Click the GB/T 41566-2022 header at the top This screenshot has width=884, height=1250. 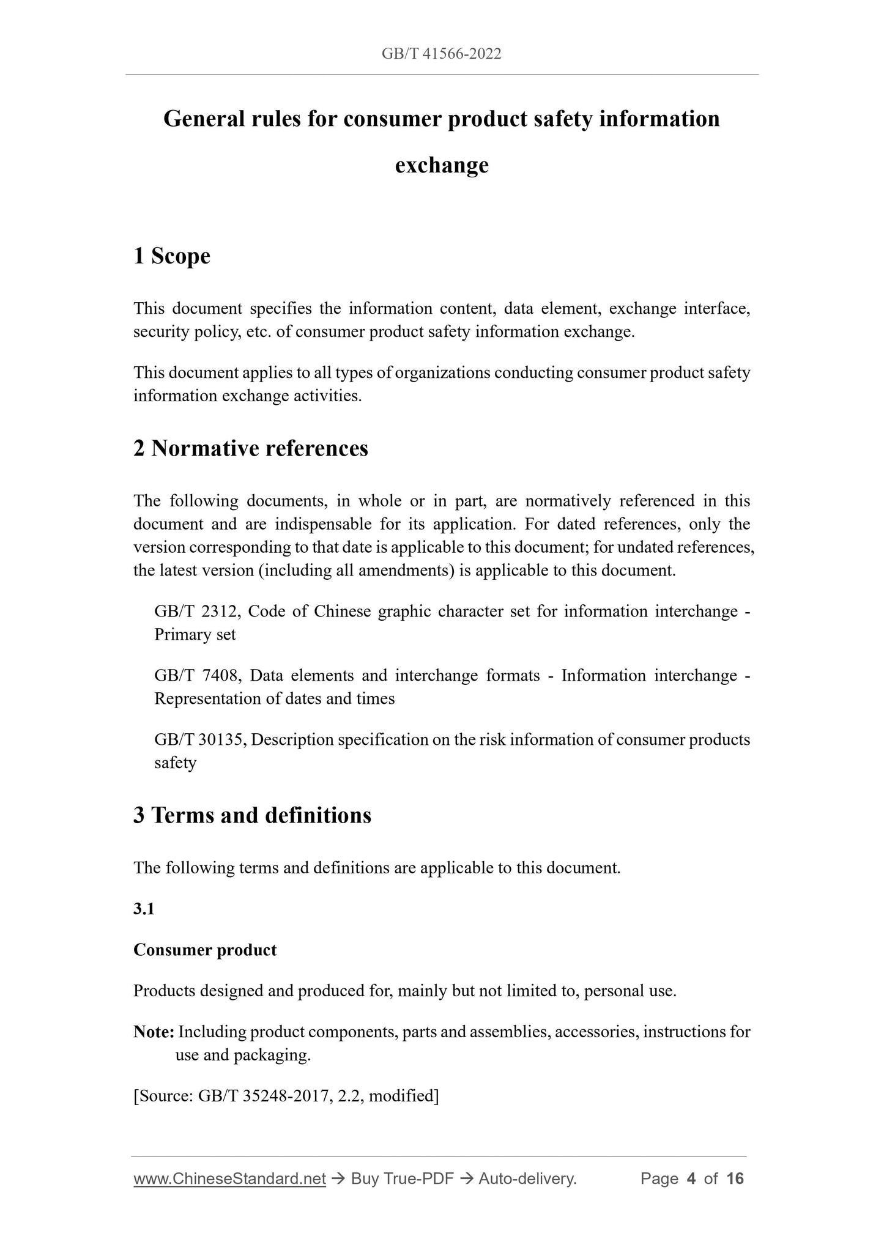click(x=442, y=54)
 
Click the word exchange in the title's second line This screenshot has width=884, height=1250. click(x=442, y=165)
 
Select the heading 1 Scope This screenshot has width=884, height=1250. click(x=172, y=256)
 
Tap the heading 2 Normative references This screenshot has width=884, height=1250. click(x=251, y=448)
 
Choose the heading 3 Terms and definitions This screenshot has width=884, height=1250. click(x=252, y=815)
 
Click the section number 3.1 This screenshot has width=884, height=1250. click(x=144, y=909)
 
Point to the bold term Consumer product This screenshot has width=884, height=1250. click(x=205, y=950)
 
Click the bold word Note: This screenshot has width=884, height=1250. click(x=154, y=1032)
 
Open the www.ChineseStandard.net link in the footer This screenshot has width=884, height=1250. click(x=229, y=1178)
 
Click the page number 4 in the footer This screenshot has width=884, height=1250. click(x=691, y=1178)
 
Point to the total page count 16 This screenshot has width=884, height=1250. click(x=735, y=1178)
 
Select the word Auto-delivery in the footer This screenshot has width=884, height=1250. click(x=527, y=1178)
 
